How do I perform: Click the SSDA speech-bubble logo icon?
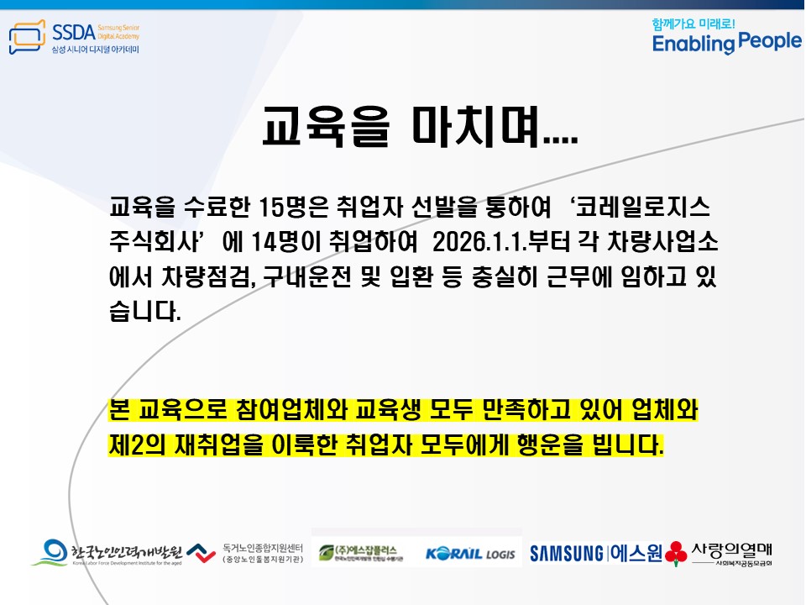tap(27, 39)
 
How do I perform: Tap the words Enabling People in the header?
tap(727, 43)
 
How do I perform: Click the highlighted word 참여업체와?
tap(334, 412)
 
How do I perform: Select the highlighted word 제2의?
tap(138, 444)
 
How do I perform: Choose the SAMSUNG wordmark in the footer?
tap(566, 553)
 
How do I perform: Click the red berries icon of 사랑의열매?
tap(675, 554)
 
